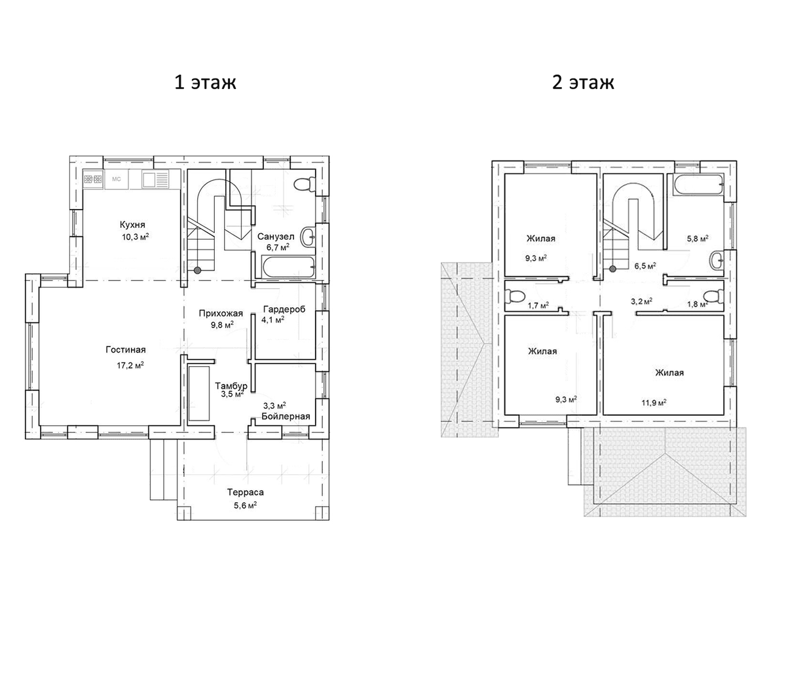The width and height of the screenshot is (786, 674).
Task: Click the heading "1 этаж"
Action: (205, 82)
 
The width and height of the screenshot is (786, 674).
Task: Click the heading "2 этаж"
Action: (582, 82)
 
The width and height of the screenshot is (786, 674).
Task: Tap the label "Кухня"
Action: (132, 225)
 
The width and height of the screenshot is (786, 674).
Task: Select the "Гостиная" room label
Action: (126, 350)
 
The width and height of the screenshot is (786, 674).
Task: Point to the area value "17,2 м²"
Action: (130, 365)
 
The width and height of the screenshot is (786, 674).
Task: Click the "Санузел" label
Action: (276, 236)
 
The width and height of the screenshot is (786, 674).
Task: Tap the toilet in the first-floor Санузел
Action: (304, 184)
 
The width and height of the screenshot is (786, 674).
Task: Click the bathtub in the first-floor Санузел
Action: (288, 267)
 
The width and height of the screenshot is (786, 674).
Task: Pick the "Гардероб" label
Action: (284, 309)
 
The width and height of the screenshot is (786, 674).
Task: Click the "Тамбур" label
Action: (231, 386)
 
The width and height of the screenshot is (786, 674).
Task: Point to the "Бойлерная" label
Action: (286, 417)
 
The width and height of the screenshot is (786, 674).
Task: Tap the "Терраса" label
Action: (245, 492)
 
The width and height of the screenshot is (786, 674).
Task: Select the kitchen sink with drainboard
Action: (155, 179)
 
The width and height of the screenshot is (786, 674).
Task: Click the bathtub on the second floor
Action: (698, 185)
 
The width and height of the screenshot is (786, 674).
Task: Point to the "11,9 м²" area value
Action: (654, 402)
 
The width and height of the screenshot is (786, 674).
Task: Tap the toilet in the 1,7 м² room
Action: (515, 296)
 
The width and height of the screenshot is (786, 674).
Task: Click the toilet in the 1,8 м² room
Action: (713, 296)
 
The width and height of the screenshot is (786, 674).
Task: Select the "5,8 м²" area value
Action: (698, 239)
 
